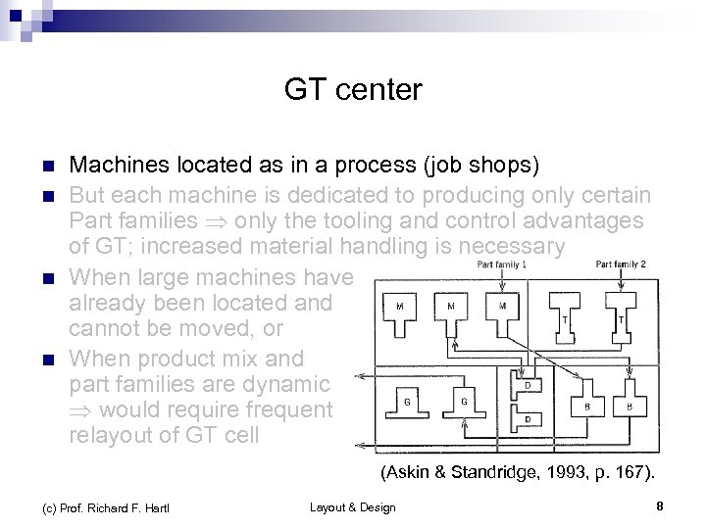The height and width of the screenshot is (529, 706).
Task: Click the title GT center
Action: point(353,91)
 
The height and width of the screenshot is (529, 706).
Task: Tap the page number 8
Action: point(660,506)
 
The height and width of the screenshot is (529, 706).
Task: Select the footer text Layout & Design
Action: point(352,506)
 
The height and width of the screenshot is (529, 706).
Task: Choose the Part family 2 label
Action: point(621,264)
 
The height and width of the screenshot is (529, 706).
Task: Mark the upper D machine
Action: point(528,386)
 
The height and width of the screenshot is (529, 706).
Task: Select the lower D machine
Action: point(528,418)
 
